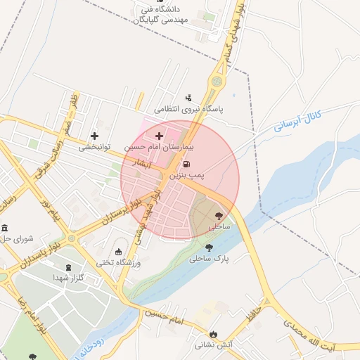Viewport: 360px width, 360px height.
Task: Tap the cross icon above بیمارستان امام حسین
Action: pyautogui.click(x=160, y=135)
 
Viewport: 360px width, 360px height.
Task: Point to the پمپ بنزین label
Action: pyautogui.click(x=190, y=173)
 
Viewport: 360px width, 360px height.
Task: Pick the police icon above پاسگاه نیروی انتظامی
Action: pyautogui.click(x=188, y=97)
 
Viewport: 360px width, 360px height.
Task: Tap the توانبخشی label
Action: pyautogui.click(x=95, y=148)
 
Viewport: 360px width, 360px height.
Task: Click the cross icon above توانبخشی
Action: pyautogui.click(x=95, y=135)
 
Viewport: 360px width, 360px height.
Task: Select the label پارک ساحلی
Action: pyautogui.click(x=209, y=258)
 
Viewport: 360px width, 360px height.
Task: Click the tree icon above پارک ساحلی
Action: pyautogui.click(x=209, y=247)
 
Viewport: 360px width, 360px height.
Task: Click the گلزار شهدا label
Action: pyautogui.click(x=68, y=278)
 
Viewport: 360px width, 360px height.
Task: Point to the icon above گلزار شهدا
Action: pyautogui.click(x=68, y=267)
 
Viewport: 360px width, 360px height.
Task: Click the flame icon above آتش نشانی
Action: pyautogui.click(x=214, y=333)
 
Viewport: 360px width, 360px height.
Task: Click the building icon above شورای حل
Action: pyautogui.click(x=6, y=229)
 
